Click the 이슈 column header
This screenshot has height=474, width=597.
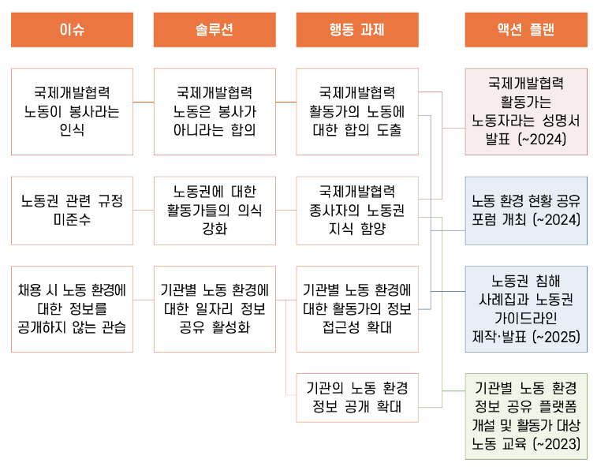click(72, 30)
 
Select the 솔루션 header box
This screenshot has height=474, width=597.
click(215, 30)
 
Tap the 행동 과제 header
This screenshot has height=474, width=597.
click(356, 30)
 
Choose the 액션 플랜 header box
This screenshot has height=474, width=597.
click(525, 30)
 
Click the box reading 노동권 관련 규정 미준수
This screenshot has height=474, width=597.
click(72, 211)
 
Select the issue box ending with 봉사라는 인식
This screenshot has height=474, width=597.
click(72, 111)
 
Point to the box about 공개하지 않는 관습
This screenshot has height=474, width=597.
click(72, 308)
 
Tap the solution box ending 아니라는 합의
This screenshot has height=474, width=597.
click(215, 111)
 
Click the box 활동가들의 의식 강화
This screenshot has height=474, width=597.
click(215, 211)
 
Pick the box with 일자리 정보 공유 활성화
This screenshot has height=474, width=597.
click(215, 308)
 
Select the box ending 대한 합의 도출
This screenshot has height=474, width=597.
click(356, 111)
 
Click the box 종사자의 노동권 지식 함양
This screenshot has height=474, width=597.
click(356, 211)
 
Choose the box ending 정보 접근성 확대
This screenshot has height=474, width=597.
click(356, 308)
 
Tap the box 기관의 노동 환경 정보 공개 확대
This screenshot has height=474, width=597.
click(356, 397)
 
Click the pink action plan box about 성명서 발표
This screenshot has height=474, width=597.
click(525, 111)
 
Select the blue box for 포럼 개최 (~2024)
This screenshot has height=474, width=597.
click(525, 211)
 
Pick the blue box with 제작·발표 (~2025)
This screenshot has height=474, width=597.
click(525, 308)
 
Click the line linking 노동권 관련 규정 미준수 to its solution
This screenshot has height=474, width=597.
click(144, 211)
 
